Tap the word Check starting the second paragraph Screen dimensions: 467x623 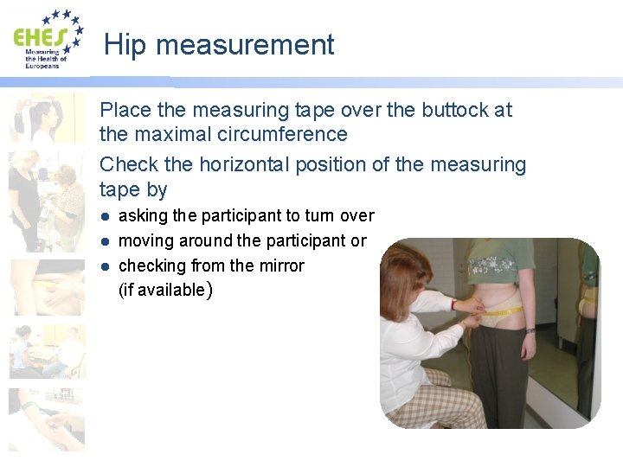[125, 164]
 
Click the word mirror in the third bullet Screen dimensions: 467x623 [279, 265]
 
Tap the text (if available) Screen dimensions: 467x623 [163, 290]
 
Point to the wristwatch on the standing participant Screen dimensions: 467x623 [530, 330]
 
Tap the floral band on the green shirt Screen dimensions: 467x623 [503, 265]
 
